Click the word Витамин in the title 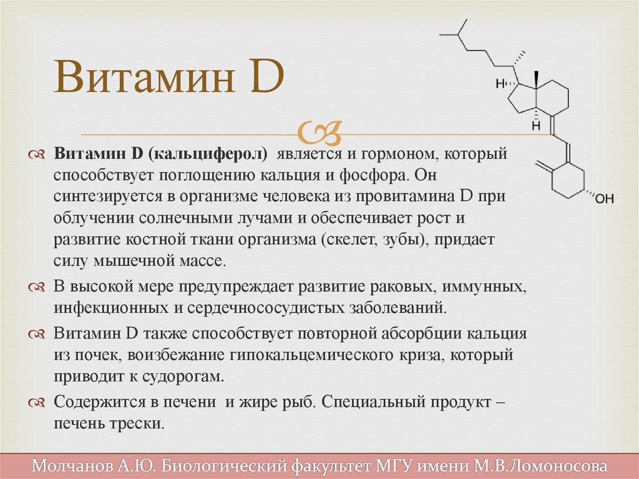pos(144,76)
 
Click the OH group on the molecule pos(604,199)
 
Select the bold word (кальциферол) pos(208,154)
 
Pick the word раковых pos(402,287)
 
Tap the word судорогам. pos(183,377)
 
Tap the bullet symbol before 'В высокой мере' pos(36,287)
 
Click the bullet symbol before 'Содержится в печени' pos(36,403)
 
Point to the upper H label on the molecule pos(500,84)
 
